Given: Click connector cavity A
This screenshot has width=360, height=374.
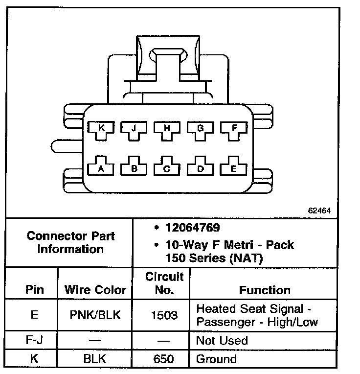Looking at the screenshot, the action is (x=102, y=168).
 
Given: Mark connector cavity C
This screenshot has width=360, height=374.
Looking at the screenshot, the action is (x=167, y=168).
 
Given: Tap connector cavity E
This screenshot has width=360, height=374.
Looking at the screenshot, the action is (x=234, y=168).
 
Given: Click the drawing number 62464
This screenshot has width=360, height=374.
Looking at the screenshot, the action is (x=319, y=211).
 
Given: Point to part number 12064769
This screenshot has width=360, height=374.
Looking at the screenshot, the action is (x=193, y=228).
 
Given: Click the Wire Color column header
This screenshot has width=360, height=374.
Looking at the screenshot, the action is (x=95, y=290).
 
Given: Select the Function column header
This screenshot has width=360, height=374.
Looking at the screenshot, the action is (x=265, y=290).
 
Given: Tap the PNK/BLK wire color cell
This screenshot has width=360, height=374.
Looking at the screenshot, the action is (x=95, y=315).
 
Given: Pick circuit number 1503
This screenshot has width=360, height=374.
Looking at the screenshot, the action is (x=164, y=315).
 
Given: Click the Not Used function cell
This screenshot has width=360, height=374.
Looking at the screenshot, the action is (x=222, y=340).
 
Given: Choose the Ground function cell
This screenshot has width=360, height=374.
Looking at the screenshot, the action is (x=216, y=359).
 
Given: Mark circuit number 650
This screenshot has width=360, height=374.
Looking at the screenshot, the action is (x=164, y=359).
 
